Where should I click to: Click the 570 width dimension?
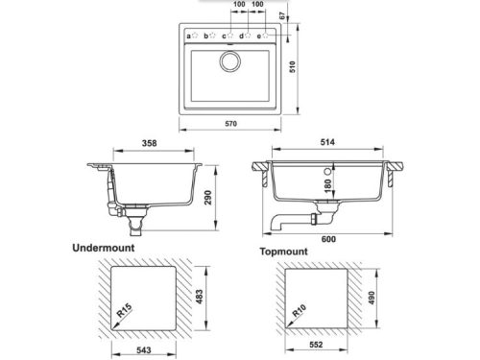point(230,124)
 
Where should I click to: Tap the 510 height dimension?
point(293,67)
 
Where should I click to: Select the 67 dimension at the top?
point(281,15)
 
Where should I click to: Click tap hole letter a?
point(188,36)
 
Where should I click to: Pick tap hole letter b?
point(205,36)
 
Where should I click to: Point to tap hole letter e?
point(259,36)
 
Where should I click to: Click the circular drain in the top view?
point(230,60)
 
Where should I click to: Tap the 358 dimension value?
point(150,143)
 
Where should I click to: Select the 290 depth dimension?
point(208,198)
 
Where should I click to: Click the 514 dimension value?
point(327,142)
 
